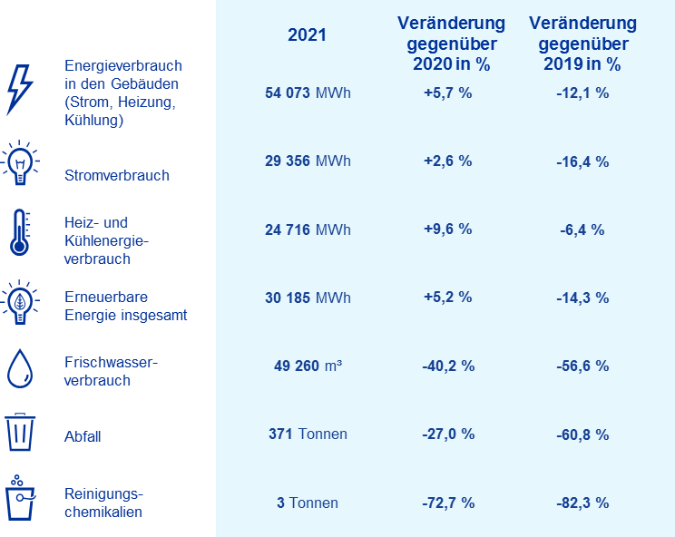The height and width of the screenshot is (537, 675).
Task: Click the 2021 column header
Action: tap(307, 36)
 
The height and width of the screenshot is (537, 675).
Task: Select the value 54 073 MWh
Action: tap(307, 93)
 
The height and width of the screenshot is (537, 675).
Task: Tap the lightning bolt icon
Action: tap(19, 90)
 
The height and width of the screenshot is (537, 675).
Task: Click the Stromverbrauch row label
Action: tap(117, 175)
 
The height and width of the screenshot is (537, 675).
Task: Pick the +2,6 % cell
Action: tap(448, 161)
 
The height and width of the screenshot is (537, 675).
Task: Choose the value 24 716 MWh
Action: tap(307, 229)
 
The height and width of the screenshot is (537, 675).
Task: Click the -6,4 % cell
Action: tap(582, 229)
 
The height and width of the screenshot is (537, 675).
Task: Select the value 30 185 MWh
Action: tap(307, 298)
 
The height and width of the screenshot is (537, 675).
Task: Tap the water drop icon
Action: tap(19, 368)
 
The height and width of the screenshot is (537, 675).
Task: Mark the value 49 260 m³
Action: tap(307, 366)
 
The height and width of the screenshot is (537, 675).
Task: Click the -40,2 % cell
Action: tap(448, 366)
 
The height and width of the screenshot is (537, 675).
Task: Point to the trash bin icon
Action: tap(19, 433)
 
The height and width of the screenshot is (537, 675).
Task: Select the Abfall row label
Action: tap(83, 436)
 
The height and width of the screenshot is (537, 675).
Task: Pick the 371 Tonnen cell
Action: tap(307, 434)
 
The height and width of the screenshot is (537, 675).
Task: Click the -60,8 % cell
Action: tap(582, 434)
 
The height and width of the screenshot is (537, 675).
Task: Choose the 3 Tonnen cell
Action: tap(307, 503)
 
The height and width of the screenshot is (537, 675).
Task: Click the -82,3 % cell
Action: tap(582, 503)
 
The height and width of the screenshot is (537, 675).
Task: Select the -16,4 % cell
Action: tap(582, 161)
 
